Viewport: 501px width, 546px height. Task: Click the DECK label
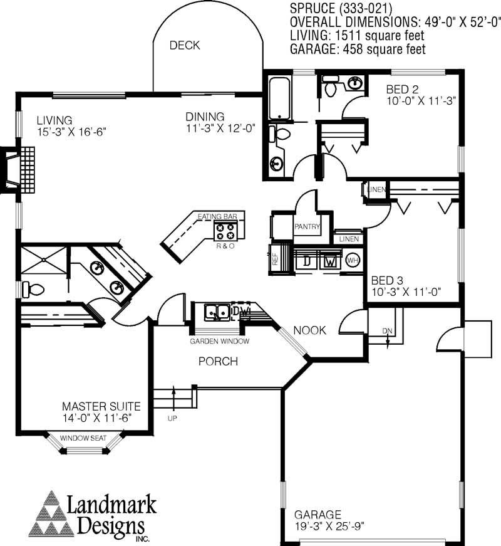pyautogui.click(x=184, y=45)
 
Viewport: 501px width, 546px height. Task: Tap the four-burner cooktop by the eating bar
pyautogui.click(x=225, y=231)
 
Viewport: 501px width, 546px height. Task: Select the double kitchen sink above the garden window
pyautogui.click(x=216, y=312)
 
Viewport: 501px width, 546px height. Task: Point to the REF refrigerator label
pyautogui.click(x=274, y=259)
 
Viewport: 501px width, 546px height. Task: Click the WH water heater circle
pyautogui.click(x=352, y=260)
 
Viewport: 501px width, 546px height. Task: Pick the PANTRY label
pyautogui.click(x=307, y=227)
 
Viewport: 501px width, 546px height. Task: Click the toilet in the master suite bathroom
pyautogui.click(x=33, y=290)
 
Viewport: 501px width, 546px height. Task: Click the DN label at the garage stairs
pyautogui.click(x=387, y=332)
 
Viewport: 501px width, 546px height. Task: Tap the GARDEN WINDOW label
pyautogui.click(x=220, y=342)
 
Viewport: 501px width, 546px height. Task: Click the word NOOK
pyautogui.click(x=309, y=330)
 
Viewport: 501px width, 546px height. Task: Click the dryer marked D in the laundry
pyautogui.click(x=307, y=260)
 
